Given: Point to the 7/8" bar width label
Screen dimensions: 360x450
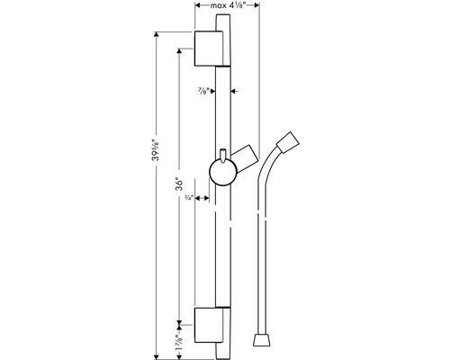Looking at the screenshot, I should tap(204, 90).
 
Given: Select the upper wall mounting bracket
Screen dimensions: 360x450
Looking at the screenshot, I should tap(213, 48).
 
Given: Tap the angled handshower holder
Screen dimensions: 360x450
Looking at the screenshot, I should tap(247, 155).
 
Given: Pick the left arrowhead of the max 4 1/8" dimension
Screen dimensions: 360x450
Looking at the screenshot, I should tap(197, 7).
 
